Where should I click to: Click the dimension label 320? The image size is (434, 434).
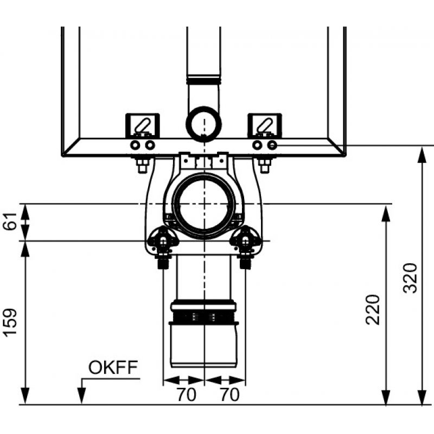pos(410,278)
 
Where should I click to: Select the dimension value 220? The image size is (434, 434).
pos(372,310)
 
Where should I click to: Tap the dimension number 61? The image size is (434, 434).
pos(10,221)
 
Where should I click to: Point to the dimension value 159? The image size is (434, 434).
pos(10,322)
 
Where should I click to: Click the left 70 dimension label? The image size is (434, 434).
pos(186,394)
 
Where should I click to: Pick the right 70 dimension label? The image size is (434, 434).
pos(229,394)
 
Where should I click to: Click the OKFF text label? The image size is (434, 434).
pos(113,367)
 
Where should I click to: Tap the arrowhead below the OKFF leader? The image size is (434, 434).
pos(81,396)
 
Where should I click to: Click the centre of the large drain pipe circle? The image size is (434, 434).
pos(204,204)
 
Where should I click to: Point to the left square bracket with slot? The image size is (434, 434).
pos(143,125)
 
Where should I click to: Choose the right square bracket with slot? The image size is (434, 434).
pos(265,125)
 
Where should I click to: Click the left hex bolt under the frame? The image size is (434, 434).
pos(143,165)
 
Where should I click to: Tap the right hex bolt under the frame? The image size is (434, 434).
pos(265,165)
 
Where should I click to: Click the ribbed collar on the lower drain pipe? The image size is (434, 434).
pos(204,316)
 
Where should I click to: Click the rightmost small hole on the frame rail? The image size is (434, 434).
pos(272,145)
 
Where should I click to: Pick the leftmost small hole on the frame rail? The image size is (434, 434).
pos(135,145)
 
